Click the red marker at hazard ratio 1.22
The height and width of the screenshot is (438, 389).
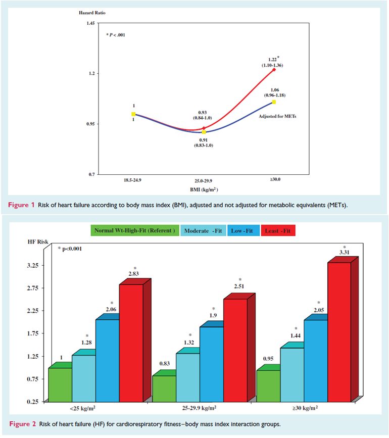(x=274, y=70)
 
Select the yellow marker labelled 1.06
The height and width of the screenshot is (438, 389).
(x=274, y=102)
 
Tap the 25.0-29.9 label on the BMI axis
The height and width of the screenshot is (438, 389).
(x=204, y=180)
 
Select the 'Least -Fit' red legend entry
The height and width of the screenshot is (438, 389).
(x=278, y=231)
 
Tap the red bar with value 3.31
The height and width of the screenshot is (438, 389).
(x=332, y=332)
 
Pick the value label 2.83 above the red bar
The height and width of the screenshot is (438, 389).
(x=135, y=274)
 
